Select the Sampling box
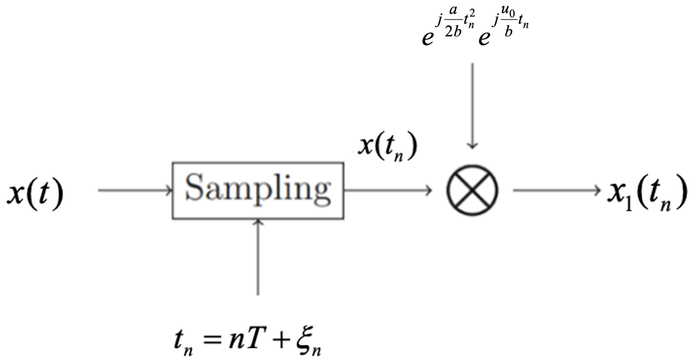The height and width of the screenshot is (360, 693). click(258, 191)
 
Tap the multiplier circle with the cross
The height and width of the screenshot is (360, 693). click(472, 190)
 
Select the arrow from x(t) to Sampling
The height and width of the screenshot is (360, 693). click(135, 190)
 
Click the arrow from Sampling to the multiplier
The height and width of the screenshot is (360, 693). click(388, 190)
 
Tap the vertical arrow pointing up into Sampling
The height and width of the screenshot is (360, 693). click(258, 257)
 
